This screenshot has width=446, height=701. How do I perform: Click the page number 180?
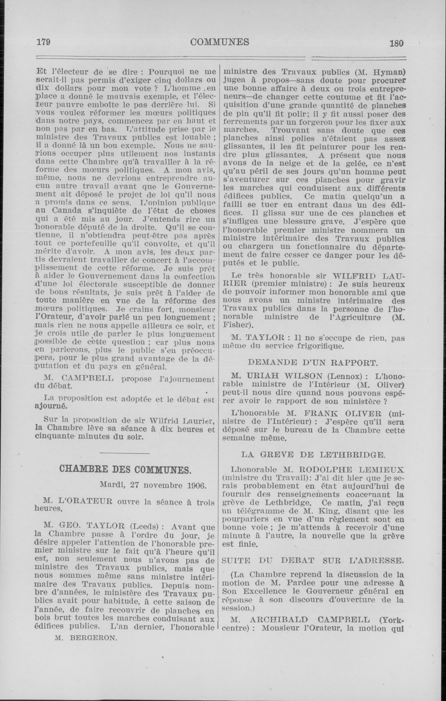pyautogui.click(x=397, y=43)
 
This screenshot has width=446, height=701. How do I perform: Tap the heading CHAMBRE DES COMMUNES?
pyautogui.click(x=125, y=469)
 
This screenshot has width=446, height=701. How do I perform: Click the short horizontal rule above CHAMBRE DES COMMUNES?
pyautogui.click(x=125, y=453)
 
